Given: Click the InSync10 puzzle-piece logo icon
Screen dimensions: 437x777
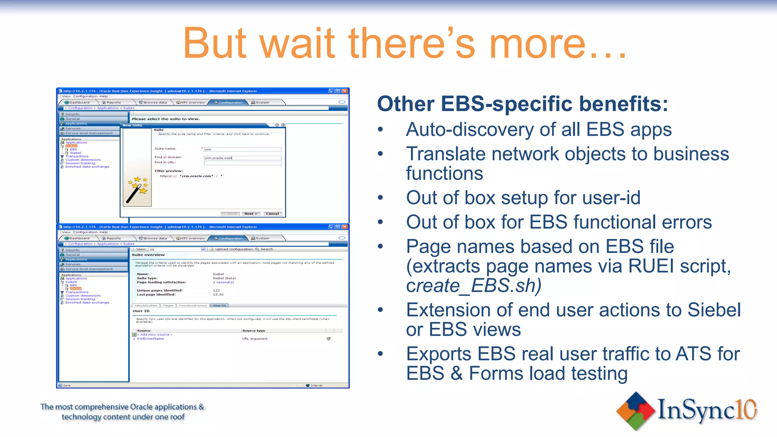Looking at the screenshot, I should point(636,411).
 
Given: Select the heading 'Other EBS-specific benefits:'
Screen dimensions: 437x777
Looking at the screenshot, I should point(522,104).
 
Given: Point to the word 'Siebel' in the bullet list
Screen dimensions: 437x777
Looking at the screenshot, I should point(714,310).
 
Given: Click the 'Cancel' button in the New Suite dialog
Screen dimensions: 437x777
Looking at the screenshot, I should point(272,214).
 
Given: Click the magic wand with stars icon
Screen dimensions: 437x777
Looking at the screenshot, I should point(137,190).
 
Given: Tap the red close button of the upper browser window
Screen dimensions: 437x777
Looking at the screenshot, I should point(345,91).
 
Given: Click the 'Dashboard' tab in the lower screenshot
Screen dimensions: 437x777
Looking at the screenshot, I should point(79,239).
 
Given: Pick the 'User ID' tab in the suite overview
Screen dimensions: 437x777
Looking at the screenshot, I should point(219,305).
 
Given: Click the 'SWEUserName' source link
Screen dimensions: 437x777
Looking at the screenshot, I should point(150,339).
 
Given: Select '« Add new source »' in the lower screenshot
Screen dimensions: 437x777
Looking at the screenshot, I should point(155,335).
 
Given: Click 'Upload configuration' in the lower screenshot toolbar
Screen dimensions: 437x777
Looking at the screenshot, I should point(234,249).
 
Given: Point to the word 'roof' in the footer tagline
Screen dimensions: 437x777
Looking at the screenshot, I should point(177,417).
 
